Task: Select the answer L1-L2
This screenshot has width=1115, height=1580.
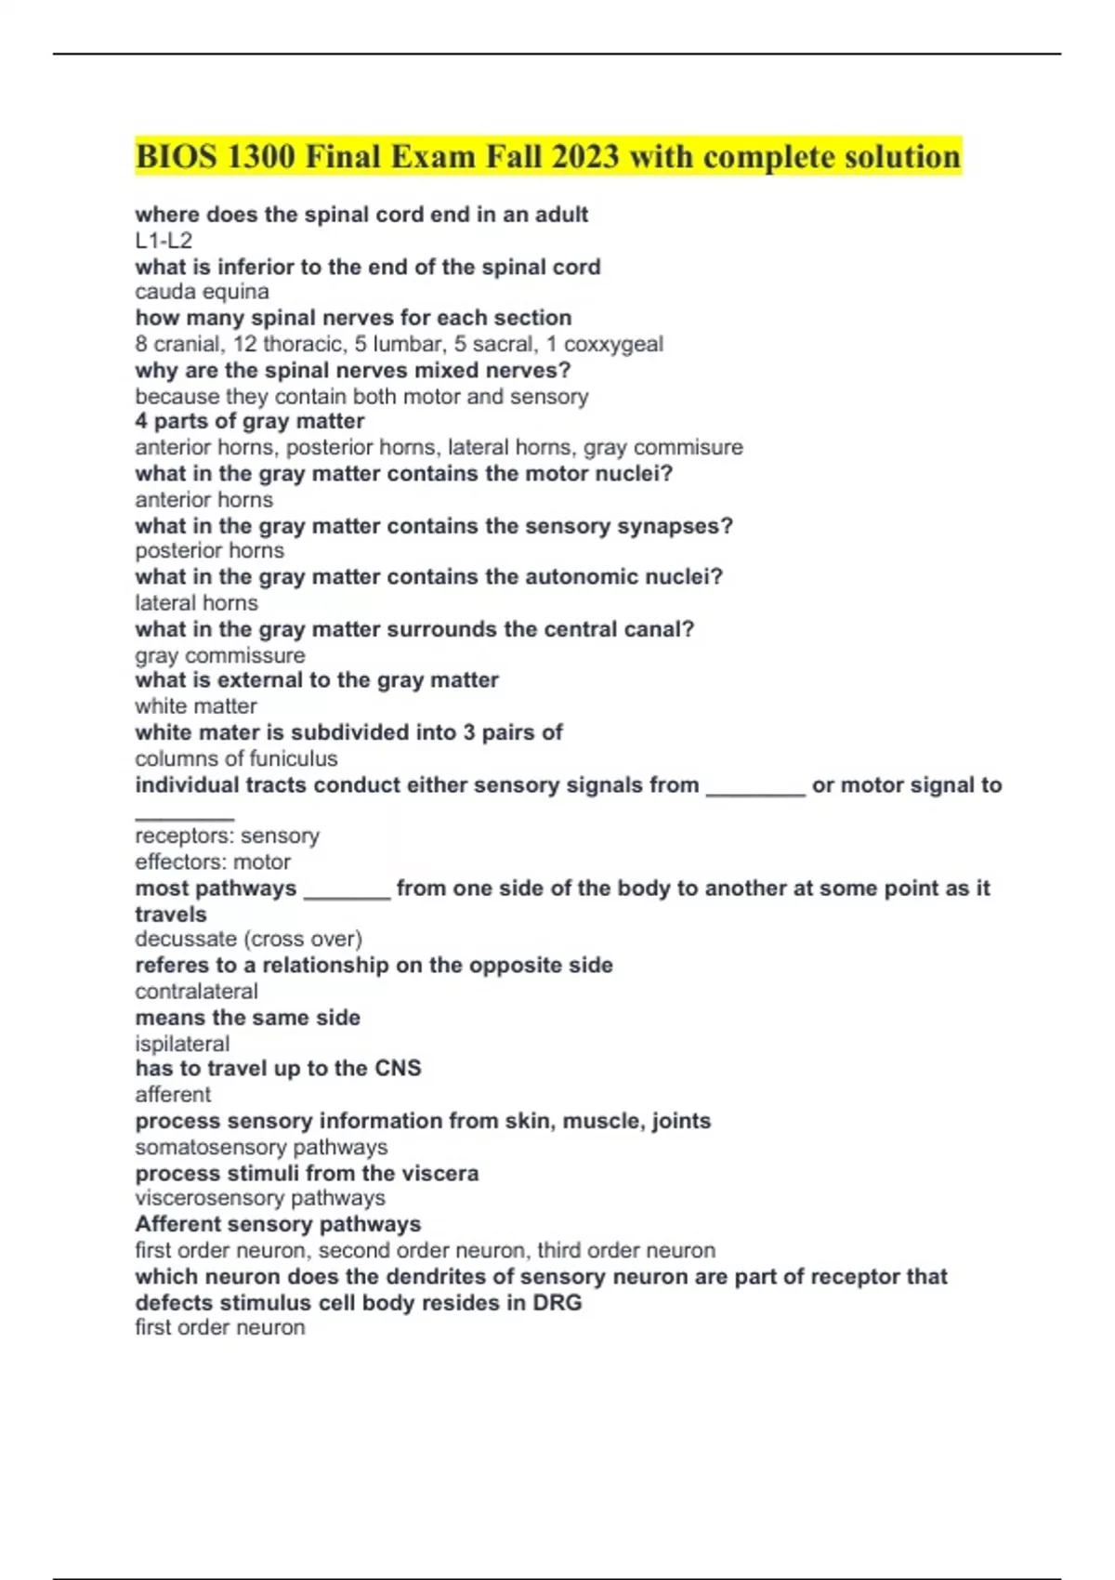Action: [x=164, y=241]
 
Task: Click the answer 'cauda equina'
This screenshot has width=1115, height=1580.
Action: [x=202, y=292]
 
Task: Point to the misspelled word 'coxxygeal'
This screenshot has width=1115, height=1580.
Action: [x=613, y=344]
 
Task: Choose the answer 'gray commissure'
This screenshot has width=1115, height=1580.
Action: [x=219, y=655]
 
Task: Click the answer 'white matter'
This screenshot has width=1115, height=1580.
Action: [x=195, y=706]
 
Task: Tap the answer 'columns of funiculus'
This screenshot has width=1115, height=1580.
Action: [x=236, y=758]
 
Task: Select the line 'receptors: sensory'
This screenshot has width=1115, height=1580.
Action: [x=227, y=836]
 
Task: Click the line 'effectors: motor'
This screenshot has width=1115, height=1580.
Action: [x=213, y=862]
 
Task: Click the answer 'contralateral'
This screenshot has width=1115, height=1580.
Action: [x=196, y=991]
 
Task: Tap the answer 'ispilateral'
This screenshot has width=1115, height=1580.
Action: [x=182, y=1043]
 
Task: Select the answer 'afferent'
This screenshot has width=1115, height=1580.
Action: [x=173, y=1094]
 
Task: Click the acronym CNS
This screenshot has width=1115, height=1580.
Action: [x=398, y=1068]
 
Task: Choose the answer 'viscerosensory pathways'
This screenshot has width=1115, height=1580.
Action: [x=260, y=1198]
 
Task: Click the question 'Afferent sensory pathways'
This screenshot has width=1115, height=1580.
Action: [x=278, y=1224]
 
